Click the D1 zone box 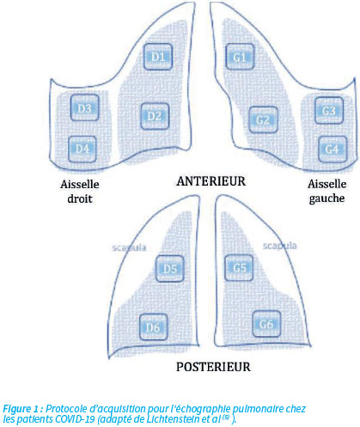coord(158,57)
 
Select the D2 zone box coord(155,116)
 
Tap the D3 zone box coord(85,108)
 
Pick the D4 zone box coord(82,149)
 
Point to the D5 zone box coord(170,269)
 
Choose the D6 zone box coord(153,326)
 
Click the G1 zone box coord(240,57)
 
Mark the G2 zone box coord(263,119)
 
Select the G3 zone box coord(329,111)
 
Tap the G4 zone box coord(333,149)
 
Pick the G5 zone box coord(239,268)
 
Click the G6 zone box coord(266,324)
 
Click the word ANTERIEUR coord(211,181)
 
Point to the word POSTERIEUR coord(213,367)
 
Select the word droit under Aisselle coord(80,198)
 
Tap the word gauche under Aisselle coord(326,198)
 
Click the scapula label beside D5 coord(129,247)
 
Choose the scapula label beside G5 coord(279,246)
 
